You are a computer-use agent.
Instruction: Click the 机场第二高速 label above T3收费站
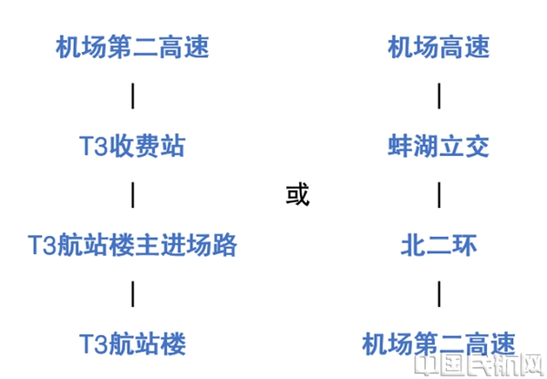pos(133,46)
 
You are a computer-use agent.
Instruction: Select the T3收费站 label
pos(133,146)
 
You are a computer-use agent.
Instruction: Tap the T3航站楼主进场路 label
pos(133,244)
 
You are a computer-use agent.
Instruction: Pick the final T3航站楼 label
pos(133,343)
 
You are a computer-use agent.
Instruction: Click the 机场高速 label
pos(439,46)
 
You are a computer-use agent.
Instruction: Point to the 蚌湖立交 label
pos(439,146)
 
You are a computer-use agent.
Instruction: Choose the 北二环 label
pos(439,244)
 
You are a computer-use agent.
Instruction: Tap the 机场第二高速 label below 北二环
pos(439,343)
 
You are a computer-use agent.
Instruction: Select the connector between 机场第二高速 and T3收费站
pos(133,96)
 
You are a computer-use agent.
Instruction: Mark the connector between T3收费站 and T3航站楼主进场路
pos(133,195)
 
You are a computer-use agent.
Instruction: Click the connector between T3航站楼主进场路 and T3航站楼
pos(133,293)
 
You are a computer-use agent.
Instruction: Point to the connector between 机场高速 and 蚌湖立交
pos(439,96)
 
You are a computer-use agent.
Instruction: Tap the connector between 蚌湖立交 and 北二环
pos(439,195)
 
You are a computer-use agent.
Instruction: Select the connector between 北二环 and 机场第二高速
pos(439,293)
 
